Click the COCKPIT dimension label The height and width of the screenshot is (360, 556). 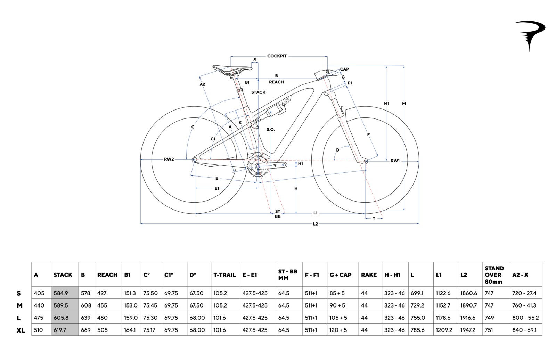coord(277,56)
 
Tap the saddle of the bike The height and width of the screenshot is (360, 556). coord(231,69)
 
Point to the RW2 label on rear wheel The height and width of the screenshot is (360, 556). coord(169,159)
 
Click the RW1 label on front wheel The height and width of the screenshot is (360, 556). coord(395,161)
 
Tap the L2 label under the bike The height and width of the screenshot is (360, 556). coord(315,224)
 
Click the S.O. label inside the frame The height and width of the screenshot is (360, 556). coord(270,130)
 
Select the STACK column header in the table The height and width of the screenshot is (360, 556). coord(63,275)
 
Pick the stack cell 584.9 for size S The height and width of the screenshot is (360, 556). coord(61,293)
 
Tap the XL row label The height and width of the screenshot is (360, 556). coord(21,330)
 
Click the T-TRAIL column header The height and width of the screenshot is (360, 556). coord(224,275)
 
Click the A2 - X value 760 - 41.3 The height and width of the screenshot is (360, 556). coord(524,305)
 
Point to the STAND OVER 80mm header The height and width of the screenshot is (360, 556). coord(494,275)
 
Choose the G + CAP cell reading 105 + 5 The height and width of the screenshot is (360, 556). coord(338,318)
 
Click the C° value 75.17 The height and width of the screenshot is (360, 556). coord(149,330)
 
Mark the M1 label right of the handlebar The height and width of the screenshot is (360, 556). coord(386,104)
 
